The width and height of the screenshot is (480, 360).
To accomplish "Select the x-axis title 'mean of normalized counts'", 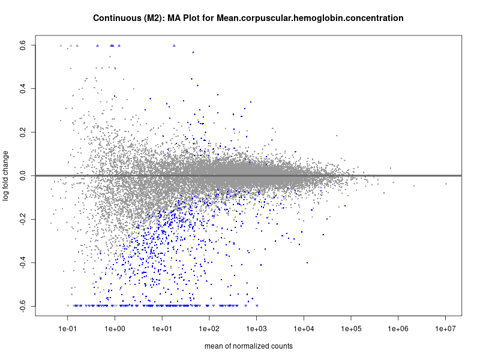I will click(248, 346).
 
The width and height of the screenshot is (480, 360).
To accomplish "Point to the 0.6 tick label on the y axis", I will click(23, 45).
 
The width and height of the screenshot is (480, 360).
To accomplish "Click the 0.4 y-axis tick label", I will click(23, 89).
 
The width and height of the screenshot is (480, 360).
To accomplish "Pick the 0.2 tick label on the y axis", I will click(23, 132).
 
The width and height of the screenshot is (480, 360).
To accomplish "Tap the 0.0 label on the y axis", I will click(23, 176).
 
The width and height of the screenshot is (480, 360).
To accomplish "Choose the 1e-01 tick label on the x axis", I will click(68, 329).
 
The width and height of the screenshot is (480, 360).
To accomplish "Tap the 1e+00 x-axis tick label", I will click(115, 329).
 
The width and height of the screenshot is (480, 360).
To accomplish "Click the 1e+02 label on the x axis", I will click(209, 329).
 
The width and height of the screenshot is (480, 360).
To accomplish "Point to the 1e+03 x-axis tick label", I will click(257, 329).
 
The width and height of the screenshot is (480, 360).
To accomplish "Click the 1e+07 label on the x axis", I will click(446, 329).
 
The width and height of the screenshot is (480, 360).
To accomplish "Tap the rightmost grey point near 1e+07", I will click(446, 184).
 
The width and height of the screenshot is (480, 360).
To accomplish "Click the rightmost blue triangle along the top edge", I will click(174, 46).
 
